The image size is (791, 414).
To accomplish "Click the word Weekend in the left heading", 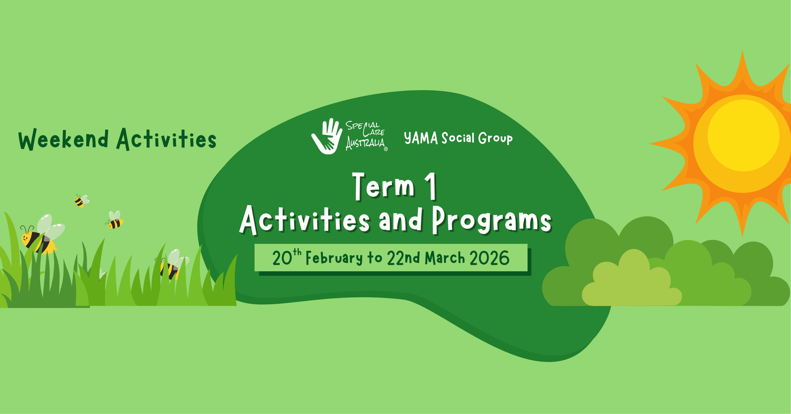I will point(63,139).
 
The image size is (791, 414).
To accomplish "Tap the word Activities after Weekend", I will point(167,139).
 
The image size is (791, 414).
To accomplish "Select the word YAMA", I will point(421,138).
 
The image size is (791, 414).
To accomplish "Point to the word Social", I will point(458,138).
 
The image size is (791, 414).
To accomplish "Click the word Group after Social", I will point(495,138).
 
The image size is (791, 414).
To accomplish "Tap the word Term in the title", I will point(384,186).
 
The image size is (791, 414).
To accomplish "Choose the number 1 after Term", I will point(431,186).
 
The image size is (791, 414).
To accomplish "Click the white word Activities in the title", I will point(305,220).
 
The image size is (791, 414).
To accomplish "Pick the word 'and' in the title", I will point(401,220).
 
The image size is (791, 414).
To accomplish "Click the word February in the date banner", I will point(334,258).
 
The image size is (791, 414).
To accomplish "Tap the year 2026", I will point(489,258).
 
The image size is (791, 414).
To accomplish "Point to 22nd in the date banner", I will point(403,258).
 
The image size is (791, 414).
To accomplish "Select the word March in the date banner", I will point(445,258).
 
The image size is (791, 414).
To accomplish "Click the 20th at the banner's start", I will point(286,257).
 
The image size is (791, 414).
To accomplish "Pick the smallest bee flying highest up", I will point(80,200).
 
